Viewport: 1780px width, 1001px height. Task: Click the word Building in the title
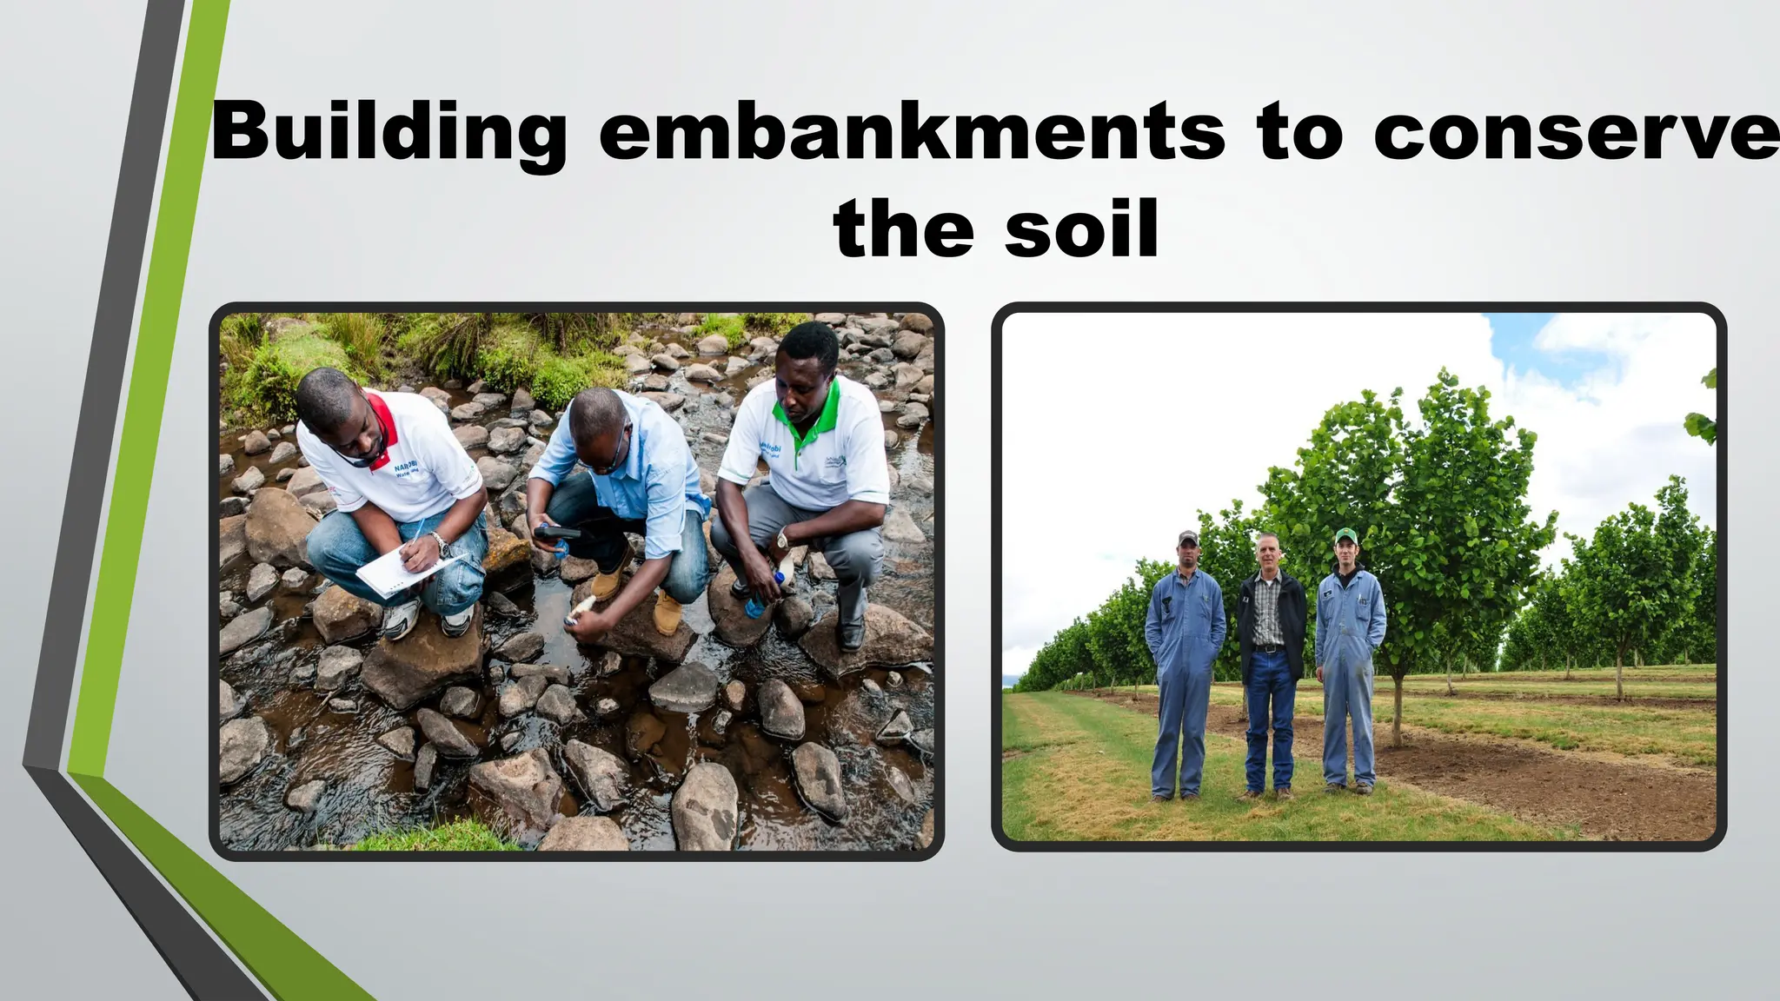coord(388,133)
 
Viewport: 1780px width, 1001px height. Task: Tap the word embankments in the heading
coord(912,133)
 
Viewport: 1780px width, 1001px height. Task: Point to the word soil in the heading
coord(1081,229)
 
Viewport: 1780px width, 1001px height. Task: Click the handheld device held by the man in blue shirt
coord(557,533)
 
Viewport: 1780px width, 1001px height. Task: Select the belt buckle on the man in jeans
coord(1269,649)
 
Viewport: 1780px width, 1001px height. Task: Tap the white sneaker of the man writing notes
coord(401,620)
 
